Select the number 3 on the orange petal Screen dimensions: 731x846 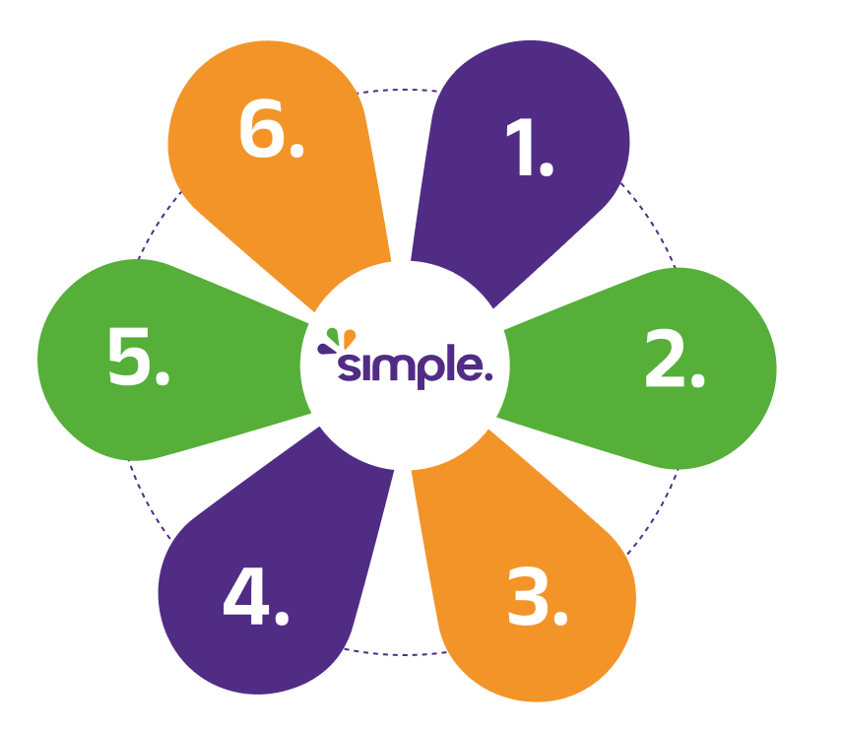click(529, 597)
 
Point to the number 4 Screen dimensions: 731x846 click(245, 598)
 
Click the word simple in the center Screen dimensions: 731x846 click(412, 366)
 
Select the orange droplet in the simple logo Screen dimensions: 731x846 click(350, 338)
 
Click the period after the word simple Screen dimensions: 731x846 click(488, 376)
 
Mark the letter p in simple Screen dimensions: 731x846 click(418, 369)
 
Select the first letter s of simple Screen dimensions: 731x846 click(349, 367)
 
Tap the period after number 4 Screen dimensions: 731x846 click(282, 620)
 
